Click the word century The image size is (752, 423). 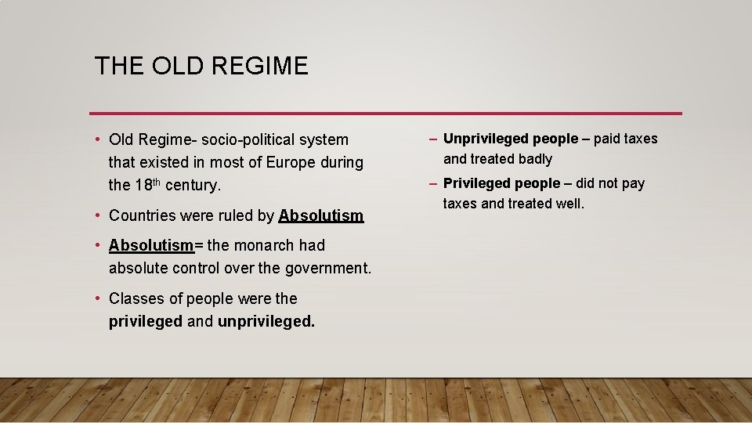click(193, 186)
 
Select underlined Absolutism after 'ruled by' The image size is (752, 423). click(321, 215)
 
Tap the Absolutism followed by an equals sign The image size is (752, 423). click(151, 245)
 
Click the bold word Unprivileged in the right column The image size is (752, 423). click(486, 139)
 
